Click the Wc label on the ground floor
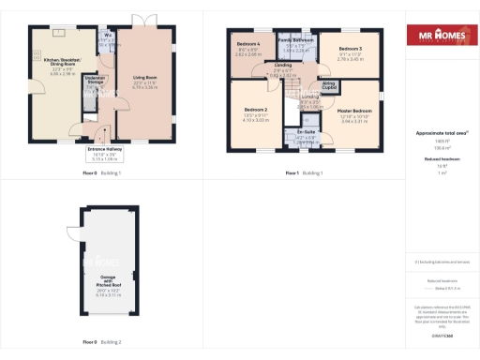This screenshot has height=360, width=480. tap(109, 37)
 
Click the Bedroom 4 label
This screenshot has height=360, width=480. tap(247, 48)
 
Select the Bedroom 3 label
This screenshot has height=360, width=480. tap(350, 52)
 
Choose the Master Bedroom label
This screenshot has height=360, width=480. tap(354, 115)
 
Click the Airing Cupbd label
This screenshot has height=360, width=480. tap(329, 86)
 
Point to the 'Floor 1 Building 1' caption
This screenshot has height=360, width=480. tap(305, 173)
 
